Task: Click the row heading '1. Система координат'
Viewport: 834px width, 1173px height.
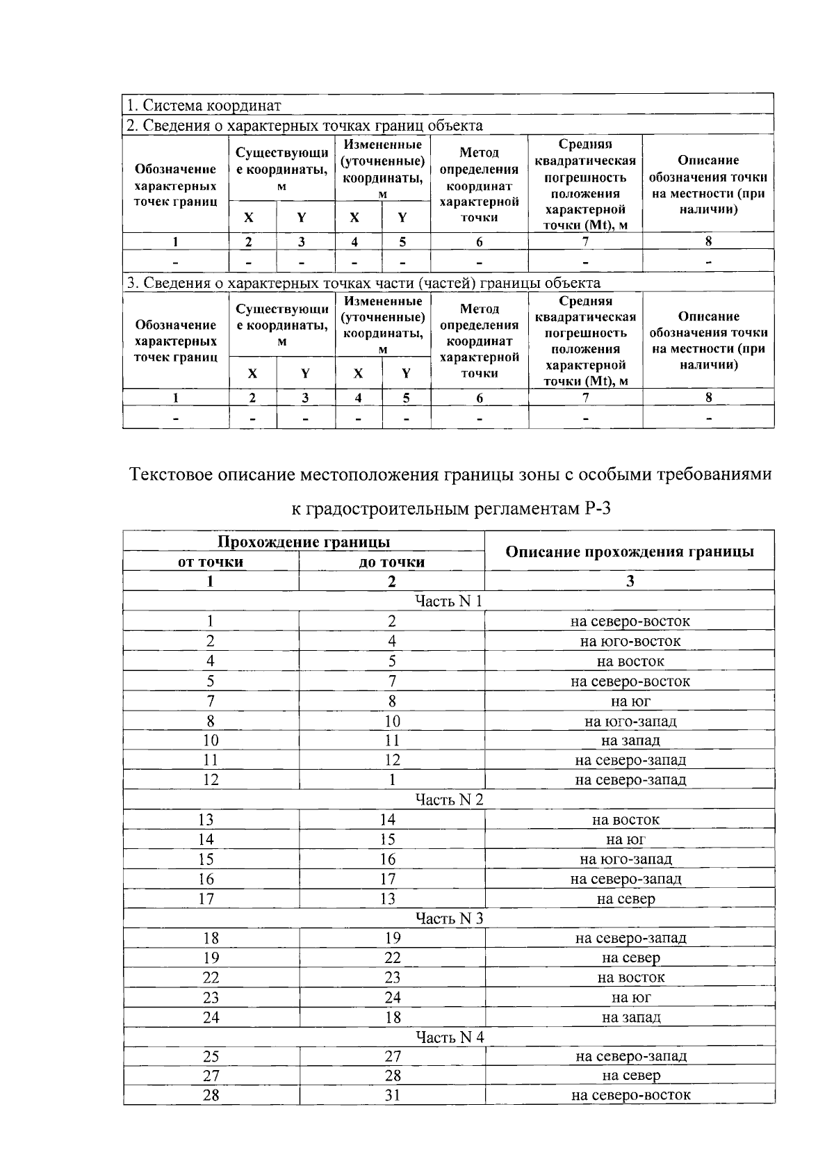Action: pos(203,106)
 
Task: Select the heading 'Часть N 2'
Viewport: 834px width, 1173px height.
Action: pos(449,800)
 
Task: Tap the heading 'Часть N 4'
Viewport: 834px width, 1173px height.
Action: pos(450,1037)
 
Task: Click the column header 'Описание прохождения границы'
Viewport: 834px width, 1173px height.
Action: pos(630,551)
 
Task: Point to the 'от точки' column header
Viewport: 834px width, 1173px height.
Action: pos(211,562)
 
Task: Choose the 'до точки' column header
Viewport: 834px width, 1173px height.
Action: pos(391,562)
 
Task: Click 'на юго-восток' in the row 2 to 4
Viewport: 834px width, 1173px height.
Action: pos(630,641)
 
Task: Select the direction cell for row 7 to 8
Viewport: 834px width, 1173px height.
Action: pos(630,701)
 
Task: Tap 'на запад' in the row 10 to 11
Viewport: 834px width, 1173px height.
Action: pos(630,741)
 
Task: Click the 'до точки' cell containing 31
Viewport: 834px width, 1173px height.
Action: pos(393,1095)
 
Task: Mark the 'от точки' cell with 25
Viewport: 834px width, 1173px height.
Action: pos(211,1056)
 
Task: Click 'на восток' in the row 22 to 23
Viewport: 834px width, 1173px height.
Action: pos(630,977)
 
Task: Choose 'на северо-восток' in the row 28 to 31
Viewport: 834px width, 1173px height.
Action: pos(630,1095)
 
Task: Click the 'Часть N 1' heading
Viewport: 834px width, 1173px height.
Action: pos(449,601)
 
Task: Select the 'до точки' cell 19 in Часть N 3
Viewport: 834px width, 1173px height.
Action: pos(393,938)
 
